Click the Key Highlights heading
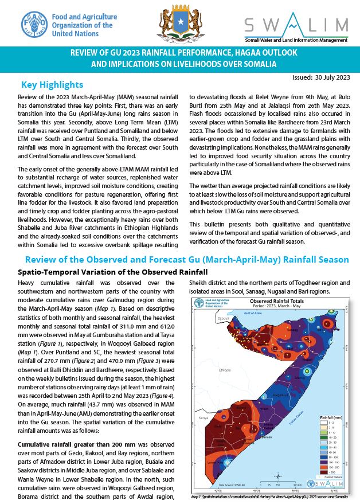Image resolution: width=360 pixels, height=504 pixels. [52, 85]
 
